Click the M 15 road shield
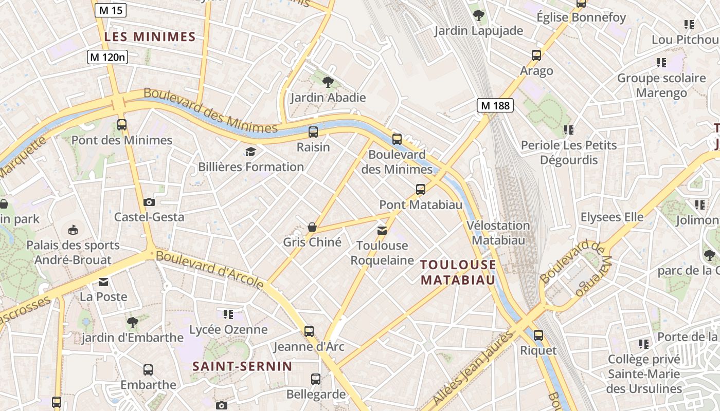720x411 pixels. coord(110,10)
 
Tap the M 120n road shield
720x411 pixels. coord(107,57)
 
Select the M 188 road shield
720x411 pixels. coord(495,106)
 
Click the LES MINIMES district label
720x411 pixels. coord(150,36)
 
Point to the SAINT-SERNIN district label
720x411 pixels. coord(242,366)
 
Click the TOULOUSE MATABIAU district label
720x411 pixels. coord(458,272)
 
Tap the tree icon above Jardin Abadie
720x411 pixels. coord(328,82)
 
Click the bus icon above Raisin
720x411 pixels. coord(313,132)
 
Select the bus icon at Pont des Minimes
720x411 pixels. coord(122,124)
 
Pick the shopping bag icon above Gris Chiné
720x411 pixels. coord(312,227)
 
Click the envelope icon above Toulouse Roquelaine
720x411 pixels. coord(382,230)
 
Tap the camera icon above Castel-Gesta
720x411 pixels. coord(149,202)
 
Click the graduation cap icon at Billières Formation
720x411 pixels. coord(250,152)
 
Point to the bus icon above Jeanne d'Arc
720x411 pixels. coord(309,331)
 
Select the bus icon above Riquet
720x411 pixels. coord(538,335)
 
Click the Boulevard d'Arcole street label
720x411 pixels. coord(210,270)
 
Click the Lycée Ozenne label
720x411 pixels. coord(228,329)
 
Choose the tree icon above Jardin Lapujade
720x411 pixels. coord(479,15)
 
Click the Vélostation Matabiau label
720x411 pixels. coord(498,233)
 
